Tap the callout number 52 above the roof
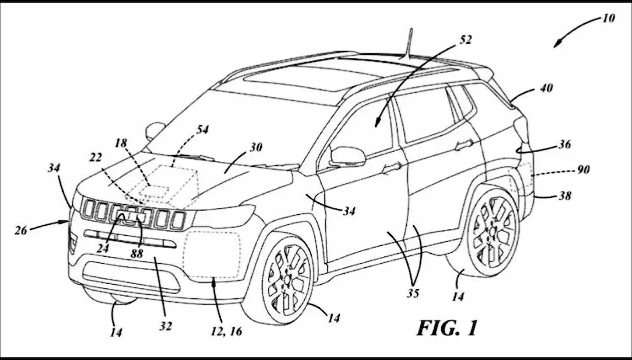coord(465,39)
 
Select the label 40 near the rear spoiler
coord(546,88)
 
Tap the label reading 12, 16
coord(227,333)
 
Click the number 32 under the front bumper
coord(166,326)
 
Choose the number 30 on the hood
coord(255,148)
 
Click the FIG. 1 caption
coord(447,328)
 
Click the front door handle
coord(391,167)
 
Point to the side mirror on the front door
coord(347,156)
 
